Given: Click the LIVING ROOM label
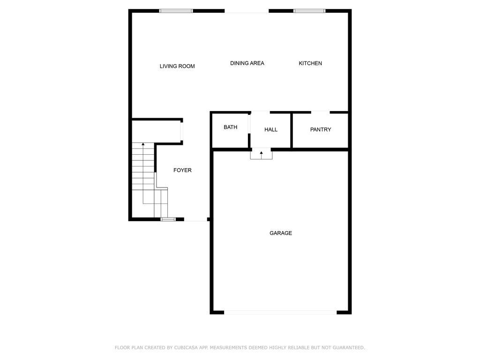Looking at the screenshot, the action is pyautogui.click(x=177, y=66).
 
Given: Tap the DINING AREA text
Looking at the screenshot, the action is pyautogui.click(x=247, y=63).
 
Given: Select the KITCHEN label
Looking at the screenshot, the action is pyautogui.click(x=310, y=63).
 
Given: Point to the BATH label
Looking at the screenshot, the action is pyautogui.click(x=230, y=127).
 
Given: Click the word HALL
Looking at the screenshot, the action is pyautogui.click(x=271, y=129).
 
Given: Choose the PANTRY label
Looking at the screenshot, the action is pyautogui.click(x=321, y=129).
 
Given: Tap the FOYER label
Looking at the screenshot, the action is pyautogui.click(x=182, y=170).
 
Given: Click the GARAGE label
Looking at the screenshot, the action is pyautogui.click(x=281, y=233).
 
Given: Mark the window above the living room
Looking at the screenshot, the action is pyautogui.click(x=176, y=11).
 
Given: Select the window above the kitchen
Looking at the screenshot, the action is pyautogui.click(x=309, y=11).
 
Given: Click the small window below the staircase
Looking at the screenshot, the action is pyautogui.click(x=168, y=219).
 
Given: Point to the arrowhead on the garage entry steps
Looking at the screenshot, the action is pyautogui.click(x=261, y=152).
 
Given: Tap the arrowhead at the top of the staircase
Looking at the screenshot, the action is pyautogui.click(x=143, y=144).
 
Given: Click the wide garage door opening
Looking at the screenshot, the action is pyautogui.click(x=280, y=312).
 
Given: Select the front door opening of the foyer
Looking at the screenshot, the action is pyautogui.click(x=195, y=219).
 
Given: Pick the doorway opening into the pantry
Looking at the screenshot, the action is pyautogui.click(x=320, y=112).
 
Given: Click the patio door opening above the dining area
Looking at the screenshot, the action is pyautogui.click(x=247, y=11).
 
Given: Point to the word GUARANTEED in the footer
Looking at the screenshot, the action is pyautogui.click(x=349, y=347).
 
